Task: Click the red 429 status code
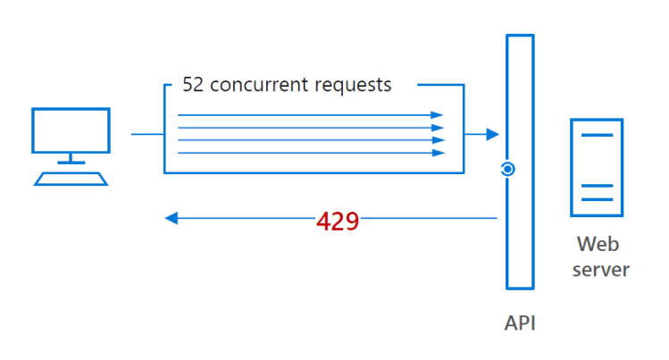point(338,221)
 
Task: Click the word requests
point(359,86)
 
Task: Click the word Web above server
point(598,243)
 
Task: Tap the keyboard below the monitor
point(71,178)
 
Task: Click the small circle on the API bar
point(506,169)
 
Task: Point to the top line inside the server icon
point(598,135)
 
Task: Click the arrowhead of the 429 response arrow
point(171,218)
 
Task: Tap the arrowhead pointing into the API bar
point(492,135)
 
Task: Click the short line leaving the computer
point(147,135)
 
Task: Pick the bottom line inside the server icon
point(598,200)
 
